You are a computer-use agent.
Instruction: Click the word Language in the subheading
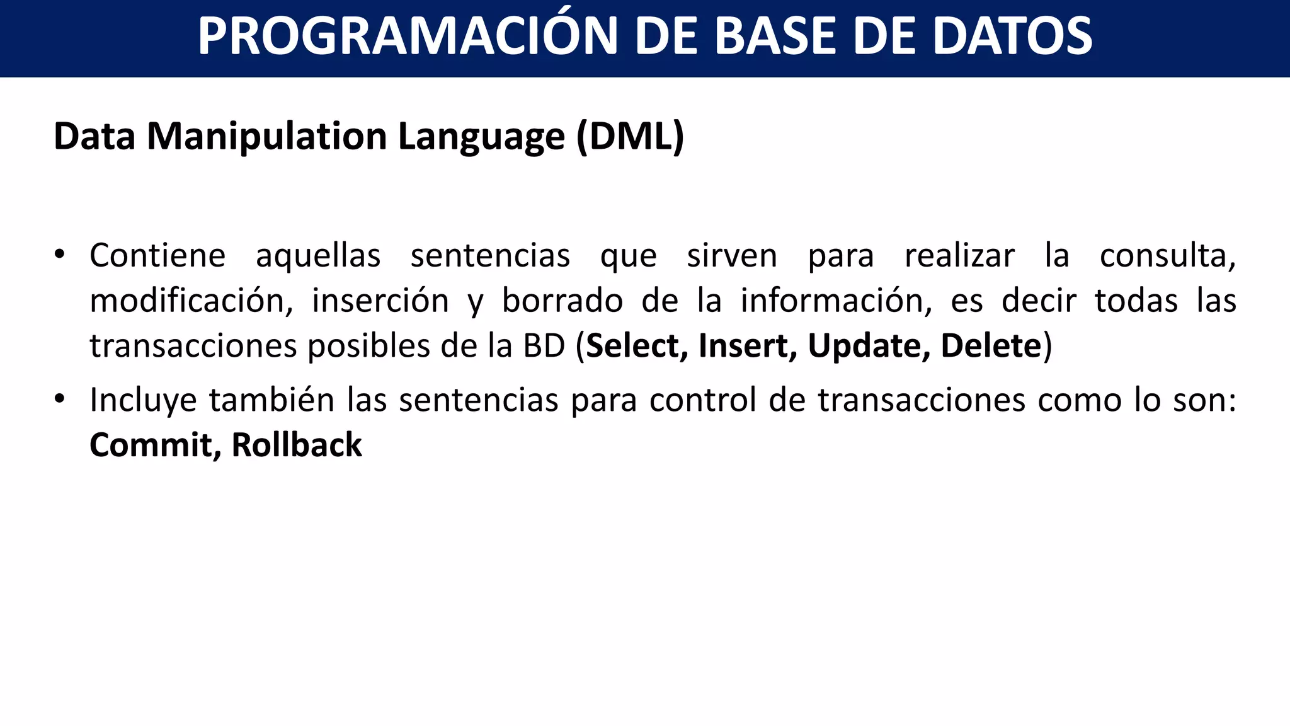[x=481, y=137]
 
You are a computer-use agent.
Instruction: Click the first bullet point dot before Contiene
[x=59, y=255]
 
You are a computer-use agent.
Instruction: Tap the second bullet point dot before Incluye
[x=59, y=400]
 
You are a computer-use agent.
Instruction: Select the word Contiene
[x=157, y=256]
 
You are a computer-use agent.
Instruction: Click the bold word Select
[x=636, y=345]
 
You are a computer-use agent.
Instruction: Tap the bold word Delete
[x=991, y=345]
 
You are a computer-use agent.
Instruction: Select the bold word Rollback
[x=297, y=445]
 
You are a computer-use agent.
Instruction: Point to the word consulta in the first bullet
[x=1167, y=256]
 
